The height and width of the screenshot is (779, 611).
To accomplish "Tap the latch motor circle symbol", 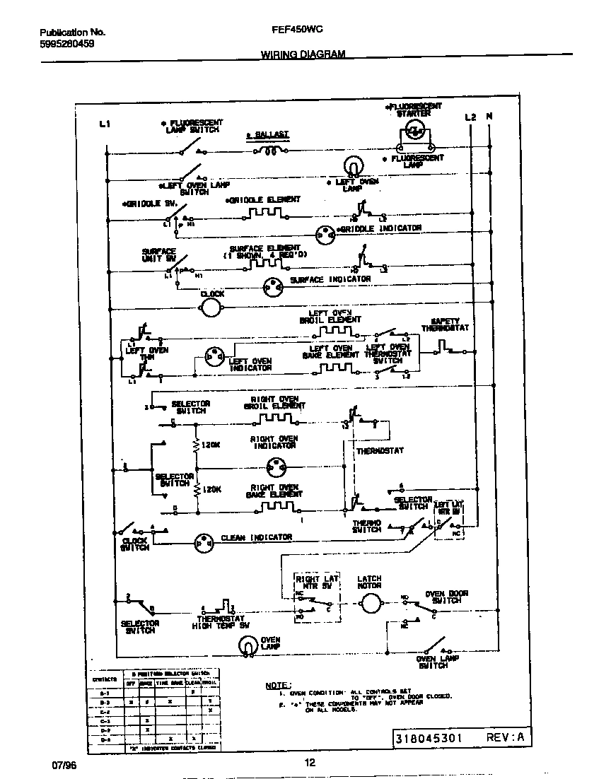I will click(x=369, y=602).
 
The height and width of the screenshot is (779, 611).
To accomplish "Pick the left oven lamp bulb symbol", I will click(x=352, y=167).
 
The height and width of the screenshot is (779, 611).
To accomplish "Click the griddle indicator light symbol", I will click(x=325, y=231).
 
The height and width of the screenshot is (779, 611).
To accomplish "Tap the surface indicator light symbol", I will click(x=272, y=285).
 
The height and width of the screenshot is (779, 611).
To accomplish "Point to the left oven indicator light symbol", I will click(x=213, y=357).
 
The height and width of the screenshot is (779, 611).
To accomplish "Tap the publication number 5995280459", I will click(x=67, y=43).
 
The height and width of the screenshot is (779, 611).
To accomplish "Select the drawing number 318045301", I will click(x=429, y=738).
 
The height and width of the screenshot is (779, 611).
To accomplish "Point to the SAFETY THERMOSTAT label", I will click(x=446, y=324).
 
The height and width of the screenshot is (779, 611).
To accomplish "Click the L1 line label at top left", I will click(x=105, y=124).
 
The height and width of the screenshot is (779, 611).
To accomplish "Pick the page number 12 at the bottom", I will click(x=309, y=762).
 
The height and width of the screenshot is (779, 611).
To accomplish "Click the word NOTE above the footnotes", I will click(x=277, y=685).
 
